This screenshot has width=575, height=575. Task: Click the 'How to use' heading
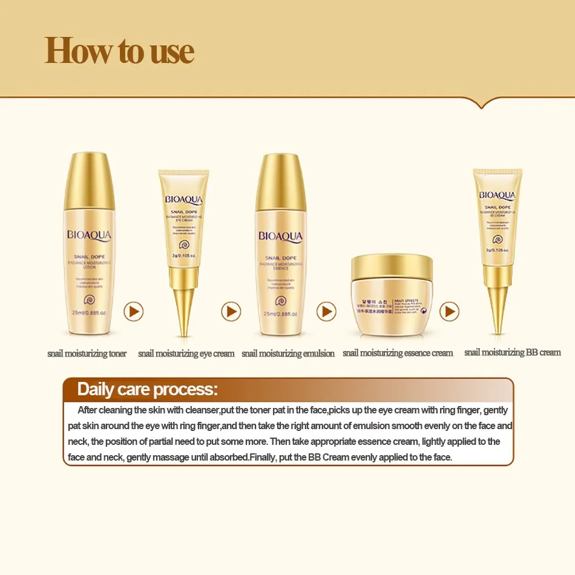(119, 51)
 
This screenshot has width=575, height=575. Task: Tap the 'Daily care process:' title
(147, 389)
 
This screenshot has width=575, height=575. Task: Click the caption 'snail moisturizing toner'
(87, 353)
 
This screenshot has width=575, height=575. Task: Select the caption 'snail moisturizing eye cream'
(186, 353)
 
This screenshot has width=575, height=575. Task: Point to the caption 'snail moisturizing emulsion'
(287, 353)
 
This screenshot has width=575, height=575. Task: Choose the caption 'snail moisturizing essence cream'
(398, 353)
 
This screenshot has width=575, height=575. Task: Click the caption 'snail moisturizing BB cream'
(512, 352)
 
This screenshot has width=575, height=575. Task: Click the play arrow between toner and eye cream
(134, 312)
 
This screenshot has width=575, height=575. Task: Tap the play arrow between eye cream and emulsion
(231, 312)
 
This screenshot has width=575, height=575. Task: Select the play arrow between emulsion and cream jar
(326, 312)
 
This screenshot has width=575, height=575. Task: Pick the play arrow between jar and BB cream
(448, 312)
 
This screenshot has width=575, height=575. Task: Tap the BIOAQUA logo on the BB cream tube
(498, 195)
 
